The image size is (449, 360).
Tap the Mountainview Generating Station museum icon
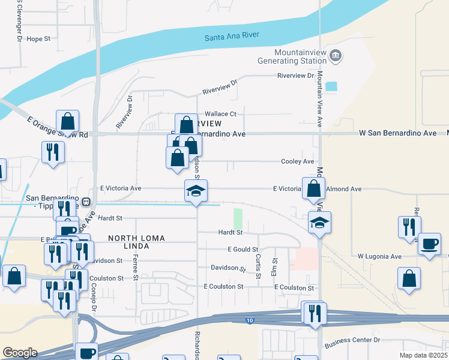pyautogui.click(x=336, y=56)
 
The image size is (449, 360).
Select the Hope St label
pyautogui.click(x=38, y=39)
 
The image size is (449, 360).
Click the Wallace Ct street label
pyautogui.click(x=220, y=113)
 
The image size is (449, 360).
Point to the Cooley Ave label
pyautogui.click(x=298, y=161)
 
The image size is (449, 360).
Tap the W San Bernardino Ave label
pyautogui.click(x=397, y=133)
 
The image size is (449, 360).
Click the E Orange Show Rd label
pyautogui.click(x=58, y=127)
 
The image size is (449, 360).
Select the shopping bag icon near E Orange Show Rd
pyautogui.click(x=68, y=121)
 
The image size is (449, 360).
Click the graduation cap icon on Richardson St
pyautogui.click(x=196, y=191)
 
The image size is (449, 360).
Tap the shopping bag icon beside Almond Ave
pyautogui.click(x=313, y=188)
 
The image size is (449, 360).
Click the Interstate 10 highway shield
pyautogui.click(x=250, y=322)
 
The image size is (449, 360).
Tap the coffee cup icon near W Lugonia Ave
pyautogui.click(x=429, y=244)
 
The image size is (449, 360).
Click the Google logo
pyautogui.click(x=20, y=353)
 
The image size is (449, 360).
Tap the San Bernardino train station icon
pyautogui.click(x=86, y=202)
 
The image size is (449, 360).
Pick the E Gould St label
pyautogui.click(x=243, y=249)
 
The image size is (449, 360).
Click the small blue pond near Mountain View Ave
pyautogui.click(x=331, y=86)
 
